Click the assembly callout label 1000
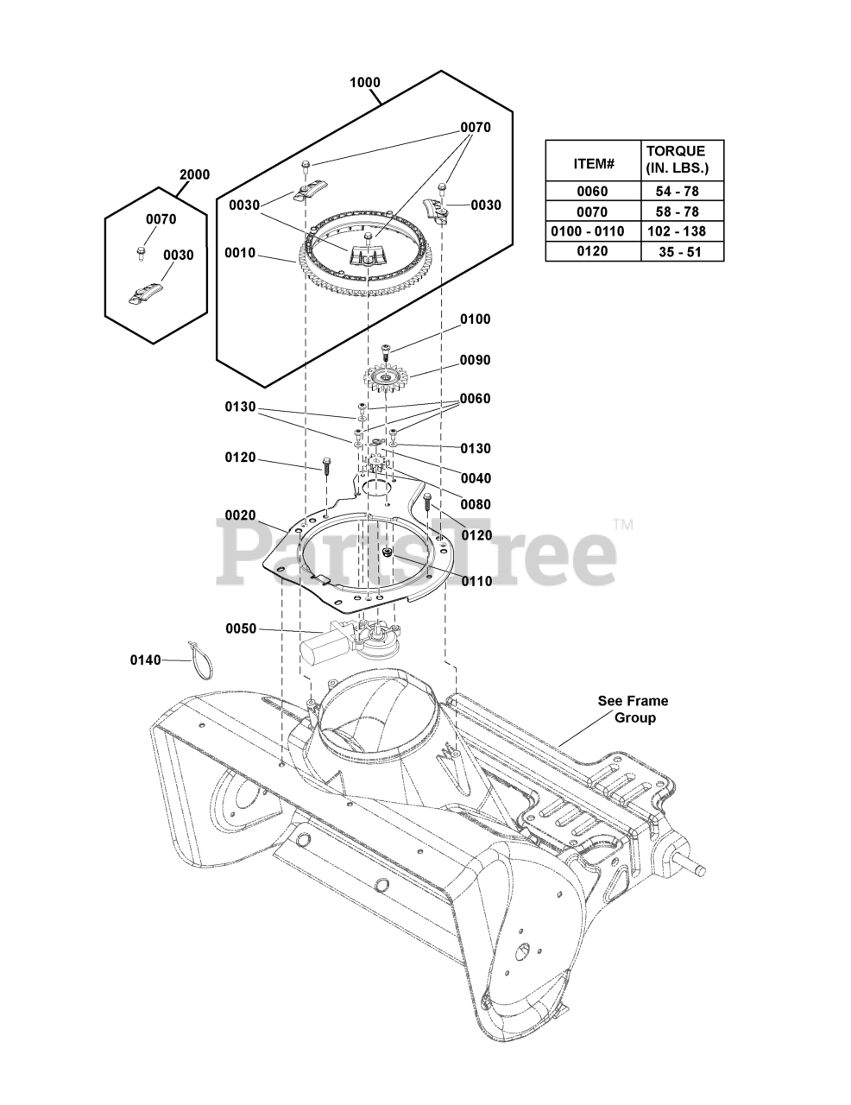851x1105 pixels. (x=364, y=83)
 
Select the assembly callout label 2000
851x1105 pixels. (x=194, y=174)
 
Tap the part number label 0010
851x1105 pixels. (x=240, y=254)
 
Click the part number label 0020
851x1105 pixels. (x=240, y=515)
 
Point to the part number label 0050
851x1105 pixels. (x=241, y=628)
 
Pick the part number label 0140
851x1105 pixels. (x=146, y=660)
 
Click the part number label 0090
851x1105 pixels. (x=475, y=360)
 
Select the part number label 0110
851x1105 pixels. (x=476, y=581)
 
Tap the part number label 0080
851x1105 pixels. (x=475, y=505)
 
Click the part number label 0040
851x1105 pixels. (x=476, y=478)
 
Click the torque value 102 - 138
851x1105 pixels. (x=676, y=231)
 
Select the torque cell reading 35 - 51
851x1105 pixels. (x=676, y=252)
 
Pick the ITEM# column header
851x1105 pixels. (x=593, y=163)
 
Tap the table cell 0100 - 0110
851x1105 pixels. (x=593, y=231)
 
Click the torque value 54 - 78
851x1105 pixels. (x=676, y=192)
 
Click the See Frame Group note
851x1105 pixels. (x=633, y=710)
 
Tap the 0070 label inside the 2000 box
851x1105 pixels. (x=161, y=219)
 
